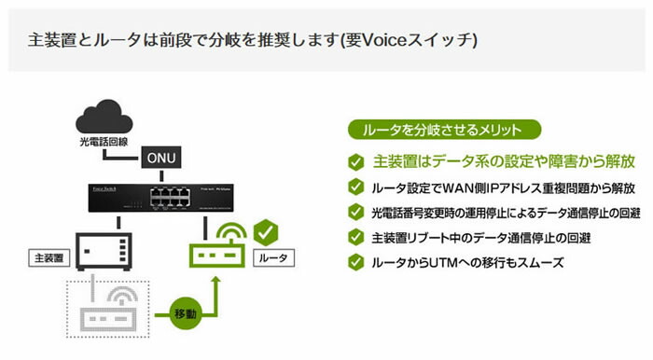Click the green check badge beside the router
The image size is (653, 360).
click(x=267, y=228)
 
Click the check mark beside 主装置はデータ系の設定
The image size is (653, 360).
click(x=355, y=160)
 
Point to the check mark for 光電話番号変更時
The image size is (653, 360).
click(x=355, y=213)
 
